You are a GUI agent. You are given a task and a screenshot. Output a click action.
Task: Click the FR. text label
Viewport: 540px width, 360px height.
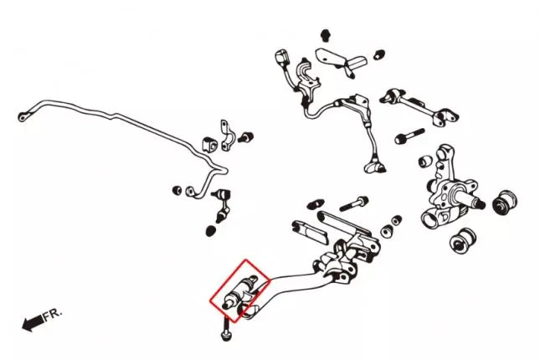[53, 315]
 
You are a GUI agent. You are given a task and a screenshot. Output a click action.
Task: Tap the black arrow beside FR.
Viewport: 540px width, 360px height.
[33, 323]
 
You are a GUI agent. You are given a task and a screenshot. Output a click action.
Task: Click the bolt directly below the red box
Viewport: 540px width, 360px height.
[225, 330]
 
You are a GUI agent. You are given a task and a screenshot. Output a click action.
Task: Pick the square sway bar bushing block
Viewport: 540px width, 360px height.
[208, 144]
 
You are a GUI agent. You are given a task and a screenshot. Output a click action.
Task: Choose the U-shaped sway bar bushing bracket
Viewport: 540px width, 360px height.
[225, 136]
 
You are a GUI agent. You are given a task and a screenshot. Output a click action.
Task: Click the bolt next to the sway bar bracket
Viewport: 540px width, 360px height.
[247, 137]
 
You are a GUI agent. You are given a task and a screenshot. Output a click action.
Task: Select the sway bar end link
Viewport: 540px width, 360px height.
[224, 205]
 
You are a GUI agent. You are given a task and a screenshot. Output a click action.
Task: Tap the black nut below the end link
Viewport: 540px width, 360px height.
[211, 231]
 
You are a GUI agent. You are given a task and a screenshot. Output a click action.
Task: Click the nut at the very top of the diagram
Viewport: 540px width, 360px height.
[326, 35]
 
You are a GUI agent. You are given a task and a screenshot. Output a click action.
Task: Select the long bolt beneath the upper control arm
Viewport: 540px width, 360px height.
[410, 136]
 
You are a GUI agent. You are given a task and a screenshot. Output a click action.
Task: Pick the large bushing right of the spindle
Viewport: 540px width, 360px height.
[505, 203]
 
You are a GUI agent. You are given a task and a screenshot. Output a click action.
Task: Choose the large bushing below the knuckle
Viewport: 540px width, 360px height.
[463, 240]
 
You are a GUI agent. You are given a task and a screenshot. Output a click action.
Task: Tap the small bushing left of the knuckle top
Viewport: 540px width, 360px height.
[425, 161]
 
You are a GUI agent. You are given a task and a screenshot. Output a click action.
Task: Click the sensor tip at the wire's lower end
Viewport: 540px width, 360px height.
[375, 167]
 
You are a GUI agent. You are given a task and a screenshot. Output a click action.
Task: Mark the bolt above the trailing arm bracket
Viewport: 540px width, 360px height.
[353, 203]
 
